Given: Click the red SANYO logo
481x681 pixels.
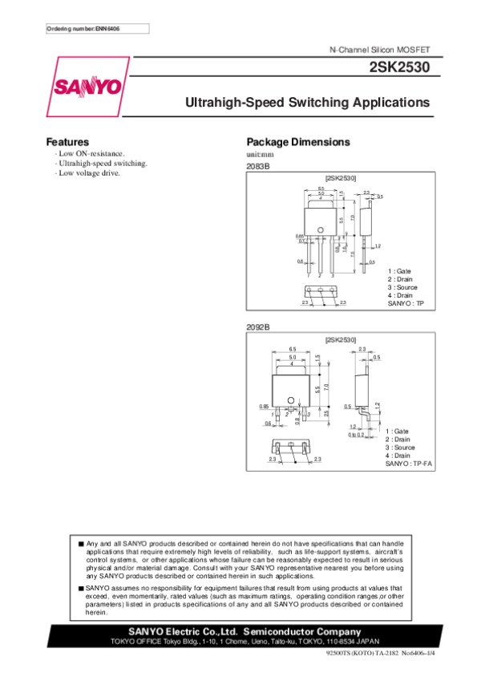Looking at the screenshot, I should pos(88,87).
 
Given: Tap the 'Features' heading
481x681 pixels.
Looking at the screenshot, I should pos(67,142).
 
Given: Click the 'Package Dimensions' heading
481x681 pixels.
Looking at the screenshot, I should pos(297,142).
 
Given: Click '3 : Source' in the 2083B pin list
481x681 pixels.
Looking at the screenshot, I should pos(402,287).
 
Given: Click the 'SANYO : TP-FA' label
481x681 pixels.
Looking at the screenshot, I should pos(409,464).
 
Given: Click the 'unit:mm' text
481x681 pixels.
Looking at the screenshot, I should pos(260,154).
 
